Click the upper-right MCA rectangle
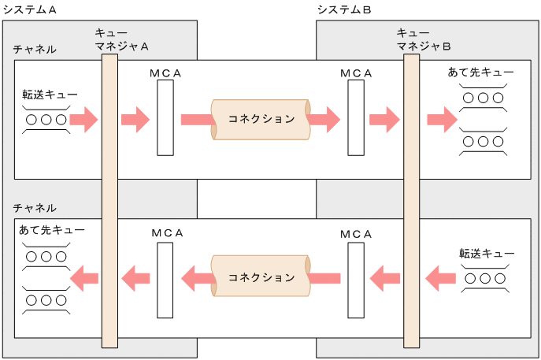[x=356, y=118]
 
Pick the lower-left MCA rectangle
[x=165, y=280]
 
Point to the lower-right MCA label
[x=356, y=233]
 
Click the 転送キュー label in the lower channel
[x=487, y=254]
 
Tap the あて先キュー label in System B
[x=480, y=72]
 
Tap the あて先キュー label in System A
[x=52, y=231]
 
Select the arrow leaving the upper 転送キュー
[x=83, y=120]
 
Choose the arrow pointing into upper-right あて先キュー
[x=442, y=120]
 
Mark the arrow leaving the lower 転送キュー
[x=439, y=277]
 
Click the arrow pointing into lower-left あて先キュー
[x=84, y=277]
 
